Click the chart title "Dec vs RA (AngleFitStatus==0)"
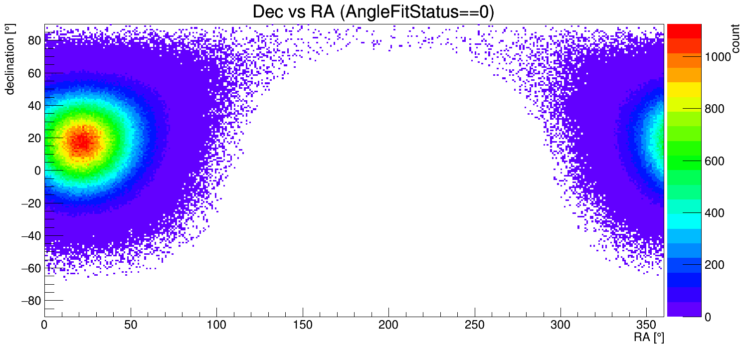point(373,12)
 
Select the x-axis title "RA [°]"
point(649,338)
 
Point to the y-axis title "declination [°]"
point(10,59)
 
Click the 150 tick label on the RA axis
point(303,325)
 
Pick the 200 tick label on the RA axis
point(388,325)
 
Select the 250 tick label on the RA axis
point(475,325)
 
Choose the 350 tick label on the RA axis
point(647,325)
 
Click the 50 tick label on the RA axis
point(131,325)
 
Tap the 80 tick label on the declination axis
point(34,41)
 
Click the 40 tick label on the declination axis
point(34,106)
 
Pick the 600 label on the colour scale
point(714,161)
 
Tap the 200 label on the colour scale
point(714,265)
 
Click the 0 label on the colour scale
point(707,317)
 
